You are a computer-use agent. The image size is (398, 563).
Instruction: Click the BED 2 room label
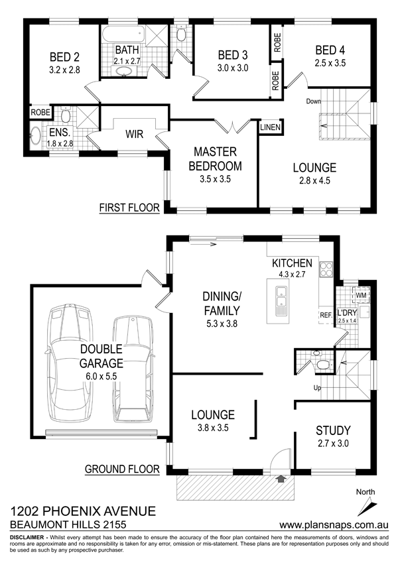tap(64, 57)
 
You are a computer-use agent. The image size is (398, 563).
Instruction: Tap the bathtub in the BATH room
tap(124, 35)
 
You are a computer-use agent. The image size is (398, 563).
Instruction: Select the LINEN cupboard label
tap(270, 127)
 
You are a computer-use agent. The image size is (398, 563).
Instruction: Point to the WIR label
tap(135, 134)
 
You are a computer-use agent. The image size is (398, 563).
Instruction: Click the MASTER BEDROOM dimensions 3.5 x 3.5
tap(215, 179)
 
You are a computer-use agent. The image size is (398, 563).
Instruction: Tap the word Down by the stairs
tap(313, 101)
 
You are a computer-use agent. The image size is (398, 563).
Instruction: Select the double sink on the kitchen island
tap(281, 296)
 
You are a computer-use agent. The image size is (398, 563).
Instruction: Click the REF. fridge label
tap(326, 315)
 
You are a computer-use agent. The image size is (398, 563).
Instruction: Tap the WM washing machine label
tap(361, 295)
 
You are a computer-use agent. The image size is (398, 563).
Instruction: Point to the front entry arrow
tap(281, 478)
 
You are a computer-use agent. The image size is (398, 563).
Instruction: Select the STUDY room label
tap(333, 430)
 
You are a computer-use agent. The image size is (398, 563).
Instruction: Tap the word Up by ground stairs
tap(317, 388)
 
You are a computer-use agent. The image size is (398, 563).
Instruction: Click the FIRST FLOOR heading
tap(129, 208)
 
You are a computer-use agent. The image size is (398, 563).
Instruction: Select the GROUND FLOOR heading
tap(122, 469)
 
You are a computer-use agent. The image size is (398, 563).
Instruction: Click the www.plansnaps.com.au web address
tap(334, 525)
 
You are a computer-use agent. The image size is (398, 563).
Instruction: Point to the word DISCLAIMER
tap(27, 538)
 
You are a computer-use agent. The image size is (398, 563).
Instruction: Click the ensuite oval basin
tap(36, 136)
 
